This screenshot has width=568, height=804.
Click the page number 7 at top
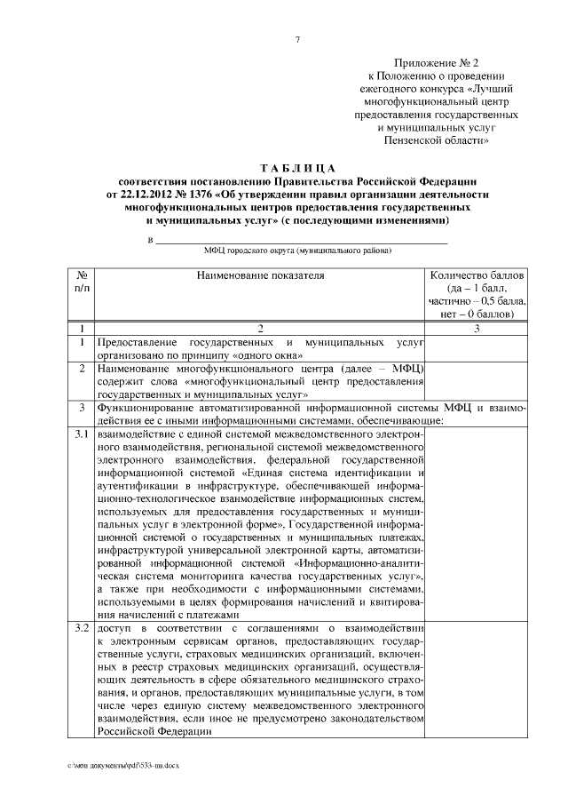tap(297, 39)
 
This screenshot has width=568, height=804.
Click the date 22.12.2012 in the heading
tap(150, 194)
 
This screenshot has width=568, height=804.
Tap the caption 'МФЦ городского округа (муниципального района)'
tap(297, 251)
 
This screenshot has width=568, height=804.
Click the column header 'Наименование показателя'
tap(260, 276)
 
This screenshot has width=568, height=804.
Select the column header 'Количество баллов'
tap(477, 276)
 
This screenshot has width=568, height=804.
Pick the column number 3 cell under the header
tap(477, 329)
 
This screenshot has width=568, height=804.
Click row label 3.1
tap(82, 434)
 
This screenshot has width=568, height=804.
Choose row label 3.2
tap(82, 630)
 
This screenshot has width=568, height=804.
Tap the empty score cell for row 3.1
tap(477, 524)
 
